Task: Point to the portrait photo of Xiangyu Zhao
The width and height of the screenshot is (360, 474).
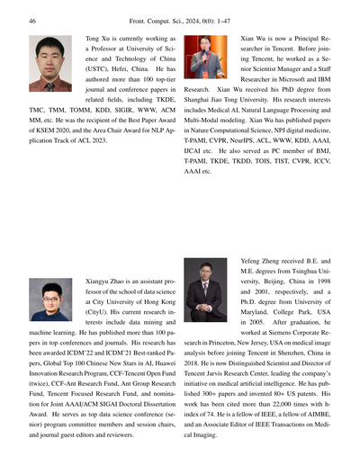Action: click(50, 299)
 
